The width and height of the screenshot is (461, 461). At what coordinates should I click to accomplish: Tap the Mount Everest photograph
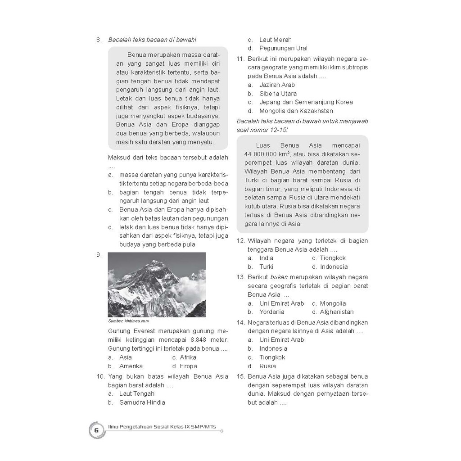click(157, 285)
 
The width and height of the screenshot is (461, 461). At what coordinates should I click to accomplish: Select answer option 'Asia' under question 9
click(126, 357)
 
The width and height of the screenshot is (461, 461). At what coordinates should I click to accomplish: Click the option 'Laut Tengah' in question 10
click(136, 393)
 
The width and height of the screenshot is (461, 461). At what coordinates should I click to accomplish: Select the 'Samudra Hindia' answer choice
click(142, 402)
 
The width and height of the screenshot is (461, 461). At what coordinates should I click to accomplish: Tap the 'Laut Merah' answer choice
click(276, 40)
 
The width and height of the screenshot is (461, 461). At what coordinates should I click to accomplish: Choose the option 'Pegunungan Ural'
click(283, 48)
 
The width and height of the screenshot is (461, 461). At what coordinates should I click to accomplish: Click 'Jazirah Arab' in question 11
click(277, 85)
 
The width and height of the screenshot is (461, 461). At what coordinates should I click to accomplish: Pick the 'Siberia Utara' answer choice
click(278, 94)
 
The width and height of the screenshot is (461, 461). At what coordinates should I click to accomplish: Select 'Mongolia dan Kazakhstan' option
click(296, 111)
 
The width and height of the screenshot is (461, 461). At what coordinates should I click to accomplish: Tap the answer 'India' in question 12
click(266, 258)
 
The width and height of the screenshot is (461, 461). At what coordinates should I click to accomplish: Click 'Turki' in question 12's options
click(266, 267)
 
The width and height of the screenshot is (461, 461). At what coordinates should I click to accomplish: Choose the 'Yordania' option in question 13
click(271, 312)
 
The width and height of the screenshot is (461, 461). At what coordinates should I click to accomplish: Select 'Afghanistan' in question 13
click(337, 312)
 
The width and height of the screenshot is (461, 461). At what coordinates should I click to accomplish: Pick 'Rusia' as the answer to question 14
click(267, 366)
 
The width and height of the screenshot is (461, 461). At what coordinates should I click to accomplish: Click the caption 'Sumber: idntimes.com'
click(129, 321)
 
